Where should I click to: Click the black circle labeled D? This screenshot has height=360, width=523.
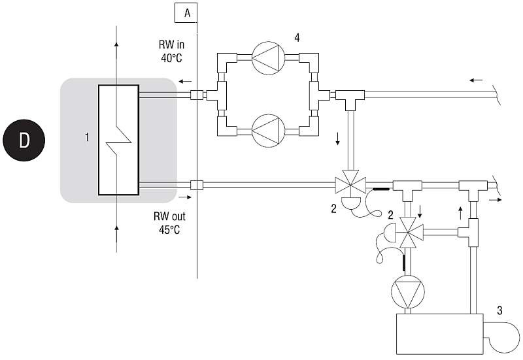(x=24, y=140)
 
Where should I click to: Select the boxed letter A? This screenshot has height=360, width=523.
(x=186, y=13)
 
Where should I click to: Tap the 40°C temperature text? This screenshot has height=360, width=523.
(x=172, y=58)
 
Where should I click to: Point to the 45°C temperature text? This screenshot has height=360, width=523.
(x=169, y=230)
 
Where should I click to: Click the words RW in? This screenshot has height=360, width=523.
(x=171, y=44)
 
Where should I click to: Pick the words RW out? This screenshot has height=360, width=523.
(x=169, y=216)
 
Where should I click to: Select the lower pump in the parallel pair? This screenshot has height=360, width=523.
(x=269, y=131)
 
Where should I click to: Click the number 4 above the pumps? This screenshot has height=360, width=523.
(x=297, y=38)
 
